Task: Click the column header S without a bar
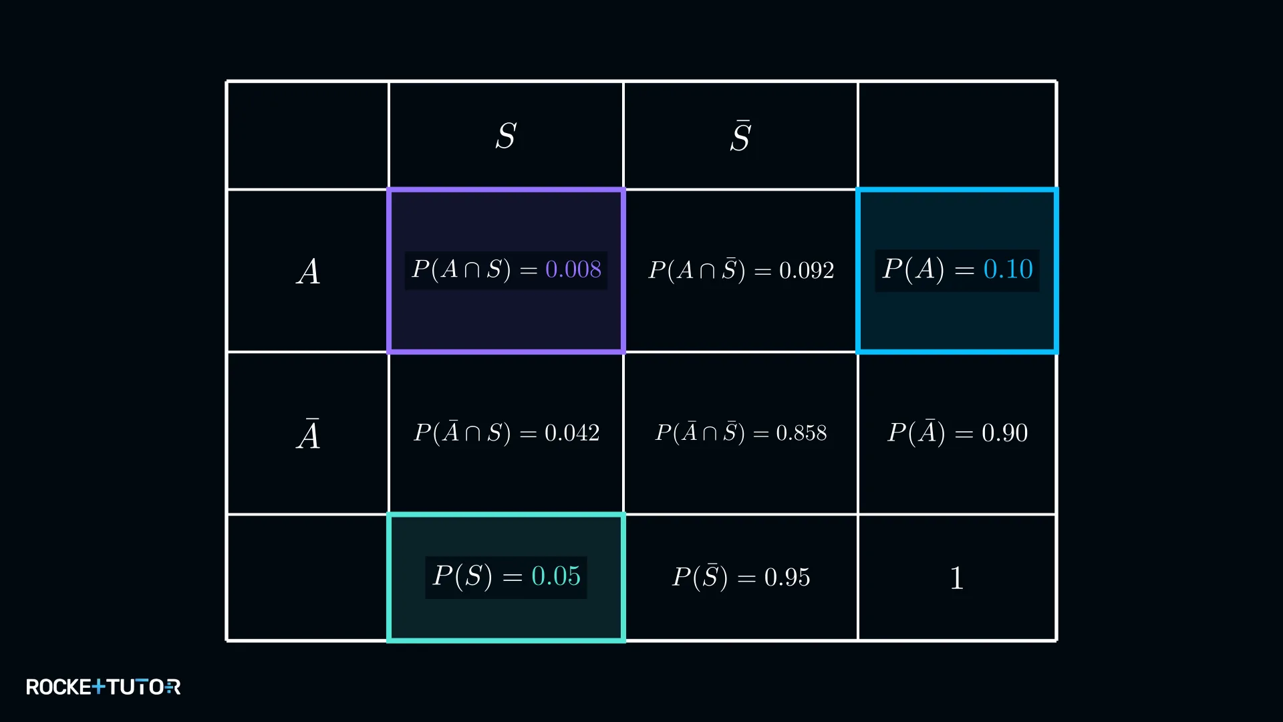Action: (x=506, y=136)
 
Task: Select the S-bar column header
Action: (x=740, y=136)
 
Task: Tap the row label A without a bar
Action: (x=308, y=271)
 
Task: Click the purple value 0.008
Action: (x=573, y=269)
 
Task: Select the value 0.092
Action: (x=807, y=270)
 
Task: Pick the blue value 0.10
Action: (x=1008, y=269)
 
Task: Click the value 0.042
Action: (x=572, y=433)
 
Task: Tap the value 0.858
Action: (x=801, y=433)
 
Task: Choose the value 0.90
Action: (x=1005, y=433)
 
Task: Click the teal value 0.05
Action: (x=556, y=576)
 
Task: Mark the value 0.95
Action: (x=787, y=577)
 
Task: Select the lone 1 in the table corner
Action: (x=957, y=578)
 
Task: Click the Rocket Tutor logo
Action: (x=104, y=687)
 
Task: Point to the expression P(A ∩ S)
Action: (x=461, y=269)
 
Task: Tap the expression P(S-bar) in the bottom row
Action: (x=700, y=576)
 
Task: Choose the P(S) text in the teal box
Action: (x=462, y=576)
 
